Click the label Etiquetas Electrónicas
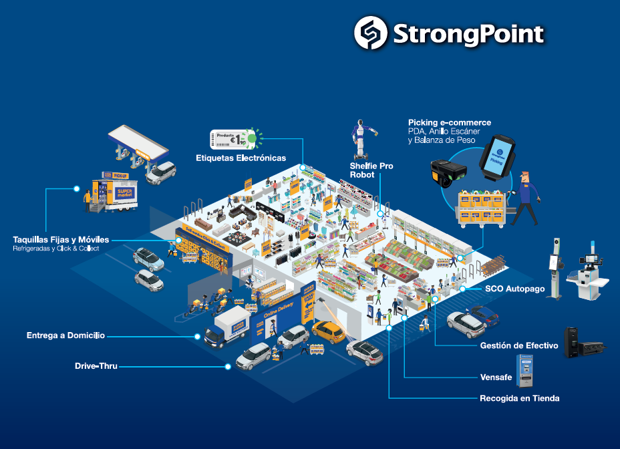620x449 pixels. (241, 158)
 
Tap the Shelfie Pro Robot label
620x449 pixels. (371, 170)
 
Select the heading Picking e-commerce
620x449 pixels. (450, 123)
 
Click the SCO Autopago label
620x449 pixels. (515, 289)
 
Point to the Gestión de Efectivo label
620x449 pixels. (519, 345)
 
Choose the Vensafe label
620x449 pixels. (496, 378)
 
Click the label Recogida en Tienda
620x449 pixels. (519, 398)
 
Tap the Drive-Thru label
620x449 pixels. (96, 366)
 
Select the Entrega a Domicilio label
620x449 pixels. (65, 335)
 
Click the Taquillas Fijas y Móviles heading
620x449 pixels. (61, 239)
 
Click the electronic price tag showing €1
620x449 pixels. (234, 139)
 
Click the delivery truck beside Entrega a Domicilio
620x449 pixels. (227, 327)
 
